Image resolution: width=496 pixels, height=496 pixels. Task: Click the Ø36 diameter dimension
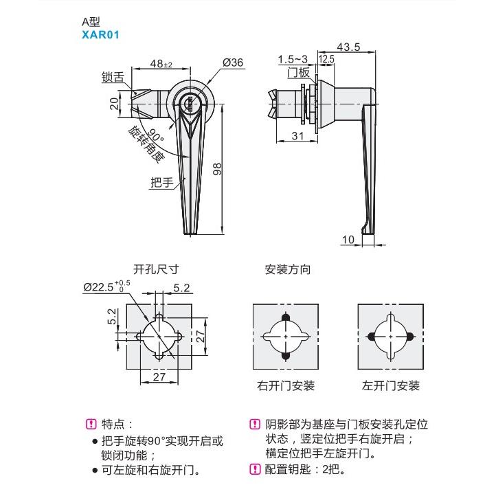[233, 63]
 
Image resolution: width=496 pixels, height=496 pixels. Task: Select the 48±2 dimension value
[162, 64]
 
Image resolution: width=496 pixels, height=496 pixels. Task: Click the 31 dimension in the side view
[297, 136]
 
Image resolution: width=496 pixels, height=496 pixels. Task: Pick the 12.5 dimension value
[326, 60]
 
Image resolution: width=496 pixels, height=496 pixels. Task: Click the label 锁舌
[112, 78]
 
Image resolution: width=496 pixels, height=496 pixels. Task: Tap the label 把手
[161, 182]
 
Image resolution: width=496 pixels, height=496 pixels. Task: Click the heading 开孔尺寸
[156, 270]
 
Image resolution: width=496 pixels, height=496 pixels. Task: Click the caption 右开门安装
[286, 386]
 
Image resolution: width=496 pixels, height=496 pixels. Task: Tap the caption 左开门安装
[390, 386]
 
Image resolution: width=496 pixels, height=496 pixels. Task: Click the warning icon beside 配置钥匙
[253, 470]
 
